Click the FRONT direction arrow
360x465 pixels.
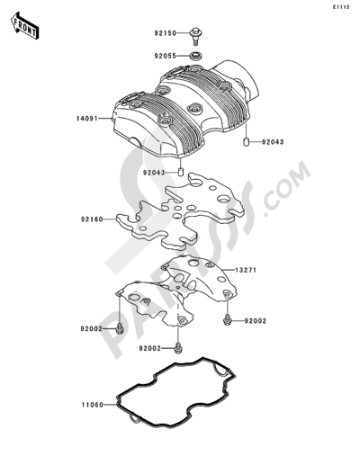[x=24, y=25]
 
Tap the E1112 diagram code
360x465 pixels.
[x=340, y=7]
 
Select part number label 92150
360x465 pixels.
[x=166, y=33]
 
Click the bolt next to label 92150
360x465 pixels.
[x=196, y=36]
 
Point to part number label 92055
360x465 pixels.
[x=166, y=56]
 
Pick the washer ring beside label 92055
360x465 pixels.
[x=196, y=56]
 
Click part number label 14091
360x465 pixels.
[x=87, y=119]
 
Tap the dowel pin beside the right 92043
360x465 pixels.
[x=246, y=142]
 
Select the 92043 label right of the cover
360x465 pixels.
[x=273, y=142]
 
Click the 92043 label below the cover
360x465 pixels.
[x=154, y=173]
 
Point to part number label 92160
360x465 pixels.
[x=92, y=219]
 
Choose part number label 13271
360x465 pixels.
[x=246, y=270]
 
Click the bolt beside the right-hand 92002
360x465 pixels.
[x=227, y=319]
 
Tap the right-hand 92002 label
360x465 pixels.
[x=256, y=321]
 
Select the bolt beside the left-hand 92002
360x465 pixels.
[x=120, y=328]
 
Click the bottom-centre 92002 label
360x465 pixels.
[x=150, y=348]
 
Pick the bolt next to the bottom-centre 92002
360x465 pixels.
[x=178, y=347]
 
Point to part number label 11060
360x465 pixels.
[x=93, y=405]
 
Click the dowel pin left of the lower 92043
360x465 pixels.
[x=181, y=173]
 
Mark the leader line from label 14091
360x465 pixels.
[x=105, y=119]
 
